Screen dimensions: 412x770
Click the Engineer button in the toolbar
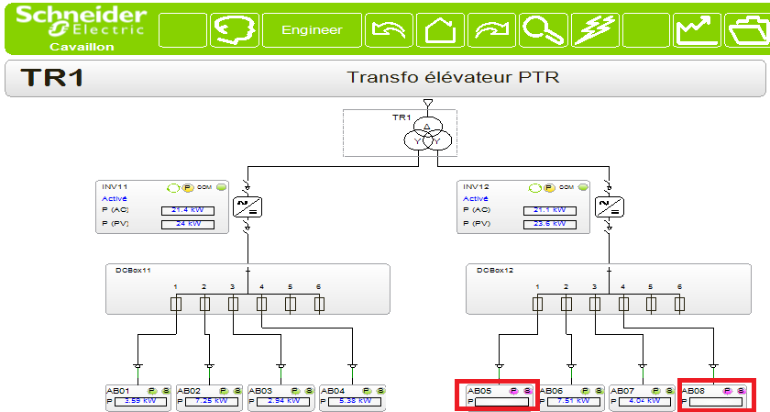312,30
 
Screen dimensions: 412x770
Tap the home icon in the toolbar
441,30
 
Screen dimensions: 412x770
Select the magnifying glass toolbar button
544,30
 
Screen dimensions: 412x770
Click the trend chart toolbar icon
698,30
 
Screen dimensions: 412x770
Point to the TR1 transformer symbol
427,135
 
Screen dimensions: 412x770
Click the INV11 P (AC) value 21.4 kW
188,210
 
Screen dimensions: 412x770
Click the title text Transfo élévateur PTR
453,77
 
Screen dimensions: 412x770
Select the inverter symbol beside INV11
247,206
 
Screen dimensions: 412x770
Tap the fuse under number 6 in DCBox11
318,303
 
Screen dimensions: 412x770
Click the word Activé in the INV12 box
476,198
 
